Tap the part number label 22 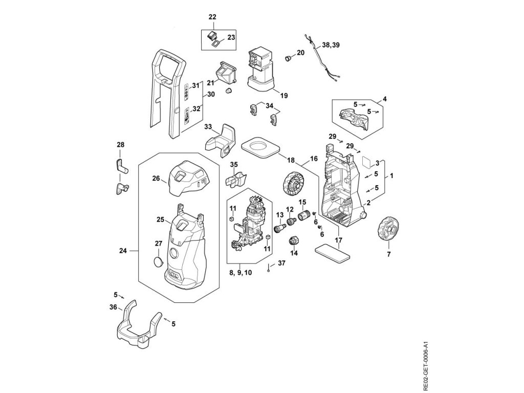click(212, 17)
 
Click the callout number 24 click(123, 251)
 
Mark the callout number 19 click(284, 95)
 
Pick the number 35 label click(234, 165)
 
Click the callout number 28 click(120, 145)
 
